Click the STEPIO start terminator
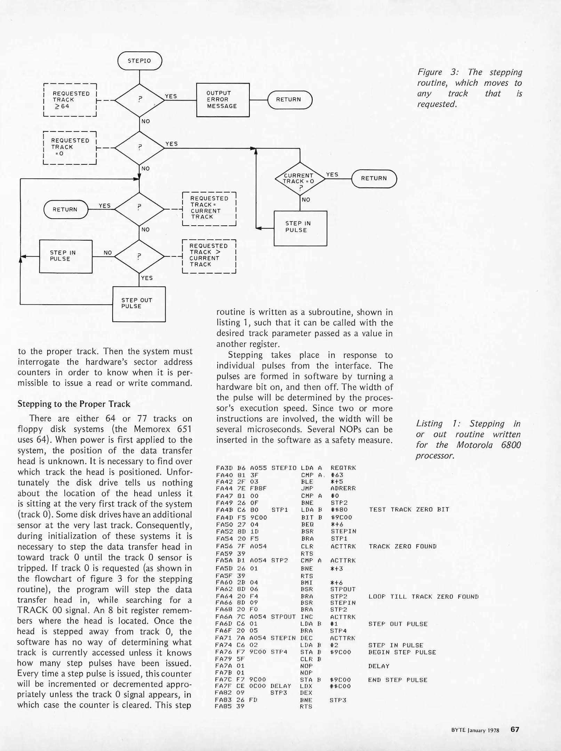pyautogui.click(x=139, y=61)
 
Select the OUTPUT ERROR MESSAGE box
pyautogui.click(x=223, y=100)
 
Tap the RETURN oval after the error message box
pyautogui.click(x=290, y=100)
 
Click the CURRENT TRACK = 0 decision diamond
pyautogui.click(x=300, y=178)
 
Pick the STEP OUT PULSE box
pyautogui.click(x=139, y=304)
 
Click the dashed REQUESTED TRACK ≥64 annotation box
pyautogui.click(x=70, y=100)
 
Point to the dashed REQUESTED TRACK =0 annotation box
pyautogui.click(x=70, y=147)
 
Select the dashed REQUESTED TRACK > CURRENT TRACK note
pyautogui.click(x=209, y=255)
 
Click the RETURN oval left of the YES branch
pyautogui.click(x=66, y=209)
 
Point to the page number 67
pyautogui.click(x=515, y=729)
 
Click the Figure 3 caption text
pyautogui.click(x=470, y=88)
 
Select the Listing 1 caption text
pyautogui.click(x=468, y=439)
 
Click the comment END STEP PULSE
pyautogui.click(x=398, y=680)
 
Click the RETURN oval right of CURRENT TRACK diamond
pyautogui.click(x=374, y=178)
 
